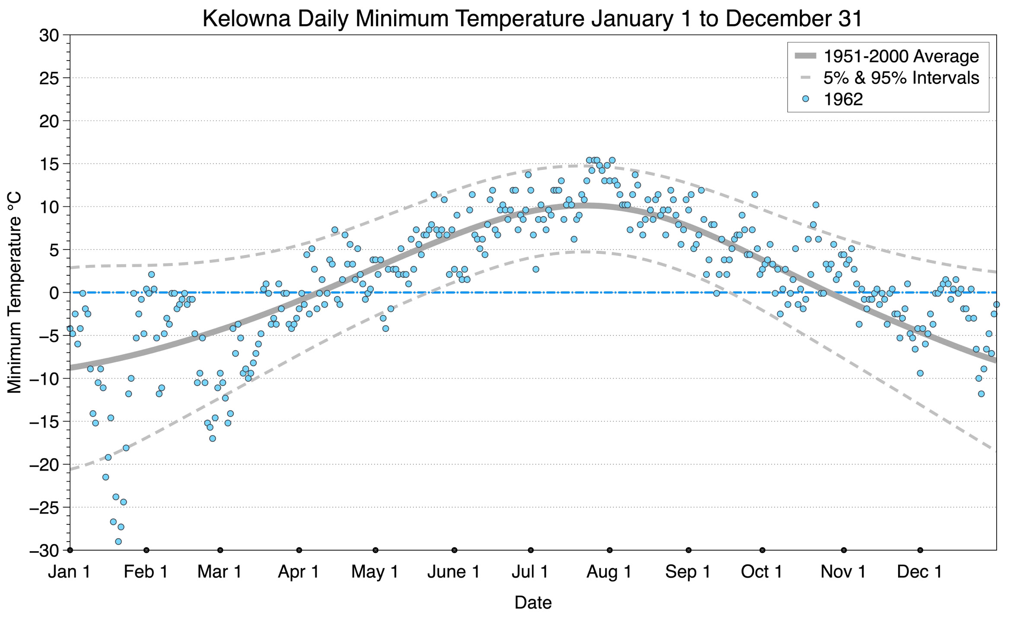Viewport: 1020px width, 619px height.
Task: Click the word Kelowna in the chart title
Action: point(246,19)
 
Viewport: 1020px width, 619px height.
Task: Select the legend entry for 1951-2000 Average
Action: point(901,56)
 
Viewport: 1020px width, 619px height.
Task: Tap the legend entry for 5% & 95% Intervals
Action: point(901,78)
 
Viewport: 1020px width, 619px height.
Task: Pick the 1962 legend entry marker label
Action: point(843,99)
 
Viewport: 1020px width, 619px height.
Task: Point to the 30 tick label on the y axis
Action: point(49,35)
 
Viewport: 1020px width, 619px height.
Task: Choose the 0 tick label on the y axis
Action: point(54,293)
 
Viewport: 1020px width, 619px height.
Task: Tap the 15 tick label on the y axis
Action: point(49,164)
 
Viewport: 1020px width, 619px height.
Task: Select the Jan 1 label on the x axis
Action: point(70,572)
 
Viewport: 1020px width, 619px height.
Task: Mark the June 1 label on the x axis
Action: point(454,572)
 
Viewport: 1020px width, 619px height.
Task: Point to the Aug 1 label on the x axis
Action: point(609,572)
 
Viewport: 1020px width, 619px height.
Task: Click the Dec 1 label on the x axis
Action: point(920,572)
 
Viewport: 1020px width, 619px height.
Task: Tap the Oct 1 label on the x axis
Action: point(762,572)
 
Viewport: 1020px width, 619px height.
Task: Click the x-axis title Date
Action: point(533,603)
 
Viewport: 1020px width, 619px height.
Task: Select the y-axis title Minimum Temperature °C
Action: point(15,293)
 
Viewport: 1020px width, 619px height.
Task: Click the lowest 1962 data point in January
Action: point(118,542)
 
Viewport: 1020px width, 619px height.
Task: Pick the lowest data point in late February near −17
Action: point(213,439)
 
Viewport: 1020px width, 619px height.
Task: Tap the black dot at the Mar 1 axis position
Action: point(220,550)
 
